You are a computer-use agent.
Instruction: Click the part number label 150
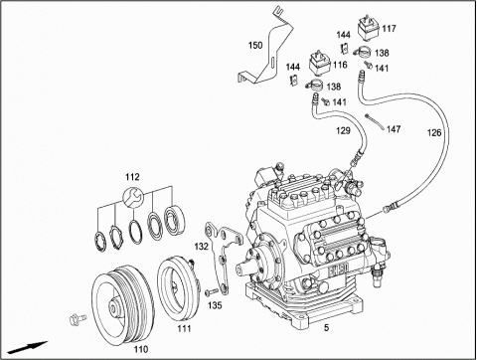(255, 45)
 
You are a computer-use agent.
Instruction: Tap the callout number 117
(389, 29)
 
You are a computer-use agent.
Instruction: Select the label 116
(340, 65)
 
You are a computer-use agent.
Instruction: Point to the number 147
(394, 129)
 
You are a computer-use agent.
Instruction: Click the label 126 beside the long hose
(434, 132)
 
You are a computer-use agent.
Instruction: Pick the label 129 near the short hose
(343, 130)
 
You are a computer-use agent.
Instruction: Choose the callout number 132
(202, 247)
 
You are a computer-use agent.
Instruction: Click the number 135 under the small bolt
(215, 305)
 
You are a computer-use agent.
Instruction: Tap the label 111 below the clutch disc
(184, 328)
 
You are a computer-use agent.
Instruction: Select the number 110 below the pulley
(141, 349)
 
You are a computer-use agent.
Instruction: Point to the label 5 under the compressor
(327, 328)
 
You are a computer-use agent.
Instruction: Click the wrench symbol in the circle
(133, 197)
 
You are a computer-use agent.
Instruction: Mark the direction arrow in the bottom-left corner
(28, 347)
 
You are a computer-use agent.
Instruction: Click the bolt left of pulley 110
(79, 319)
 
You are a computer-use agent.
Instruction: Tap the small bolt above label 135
(211, 292)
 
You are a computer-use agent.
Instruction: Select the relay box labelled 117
(369, 28)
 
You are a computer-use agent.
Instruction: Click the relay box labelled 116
(320, 64)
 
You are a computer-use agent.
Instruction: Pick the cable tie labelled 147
(375, 122)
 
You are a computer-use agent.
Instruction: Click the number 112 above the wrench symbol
(132, 177)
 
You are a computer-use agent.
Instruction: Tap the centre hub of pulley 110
(114, 308)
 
